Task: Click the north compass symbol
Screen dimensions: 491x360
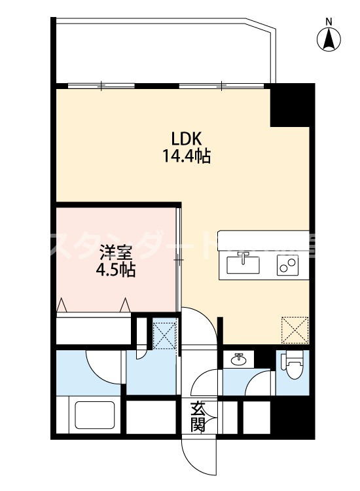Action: point(329,41)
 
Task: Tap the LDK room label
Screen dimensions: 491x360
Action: point(189,139)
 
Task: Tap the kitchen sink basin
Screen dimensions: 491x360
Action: point(243,264)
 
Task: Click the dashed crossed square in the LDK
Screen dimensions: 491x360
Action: point(295,329)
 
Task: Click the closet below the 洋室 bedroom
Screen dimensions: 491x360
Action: point(94,329)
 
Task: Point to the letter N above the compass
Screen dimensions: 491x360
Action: point(329,22)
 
